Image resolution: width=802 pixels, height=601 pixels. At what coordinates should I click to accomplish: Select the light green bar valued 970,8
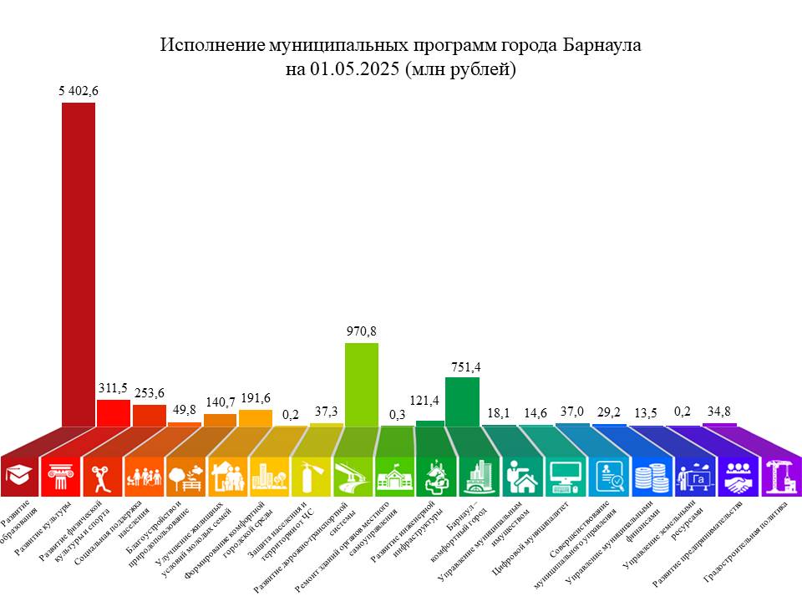click(361, 384)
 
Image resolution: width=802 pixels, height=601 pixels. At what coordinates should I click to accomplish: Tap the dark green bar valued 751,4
click(462, 402)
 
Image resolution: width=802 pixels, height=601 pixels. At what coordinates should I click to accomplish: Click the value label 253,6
click(150, 394)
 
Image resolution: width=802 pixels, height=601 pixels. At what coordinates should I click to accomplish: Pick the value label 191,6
click(256, 399)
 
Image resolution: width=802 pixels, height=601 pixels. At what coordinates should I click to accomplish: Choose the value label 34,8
click(719, 412)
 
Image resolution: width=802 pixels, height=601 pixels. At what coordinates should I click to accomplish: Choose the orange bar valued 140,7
click(220, 420)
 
